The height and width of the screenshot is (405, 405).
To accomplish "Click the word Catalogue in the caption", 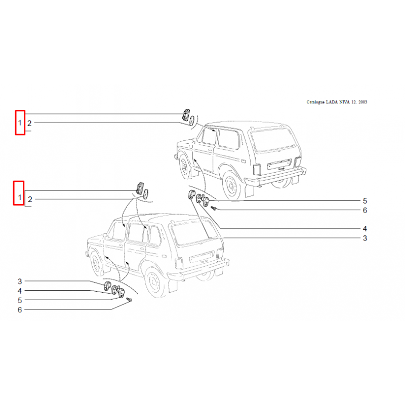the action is pos(315,102).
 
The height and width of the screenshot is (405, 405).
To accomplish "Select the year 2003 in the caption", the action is pos(362,102).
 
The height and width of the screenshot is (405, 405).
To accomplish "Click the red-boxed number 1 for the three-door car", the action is pos(20,123).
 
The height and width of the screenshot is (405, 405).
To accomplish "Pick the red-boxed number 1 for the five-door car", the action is pos(20,197).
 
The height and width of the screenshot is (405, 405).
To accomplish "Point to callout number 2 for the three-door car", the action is pos(29,124).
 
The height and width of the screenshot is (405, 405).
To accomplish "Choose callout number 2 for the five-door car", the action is pos(30,199).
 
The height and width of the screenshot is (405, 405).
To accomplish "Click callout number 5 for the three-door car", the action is pos(364,200).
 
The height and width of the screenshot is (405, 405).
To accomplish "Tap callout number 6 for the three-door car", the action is pos(364,210).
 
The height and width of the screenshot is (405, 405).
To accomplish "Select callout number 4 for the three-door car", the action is pos(364,229).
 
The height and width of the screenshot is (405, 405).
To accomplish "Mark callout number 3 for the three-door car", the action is pos(364,238).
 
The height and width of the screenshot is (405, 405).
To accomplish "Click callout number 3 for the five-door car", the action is pos(20,281).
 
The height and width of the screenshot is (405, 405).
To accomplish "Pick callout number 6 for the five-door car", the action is pos(20,310).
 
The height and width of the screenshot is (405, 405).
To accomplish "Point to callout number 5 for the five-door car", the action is pos(20,300).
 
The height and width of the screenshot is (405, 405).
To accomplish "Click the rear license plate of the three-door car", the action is pos(279,164).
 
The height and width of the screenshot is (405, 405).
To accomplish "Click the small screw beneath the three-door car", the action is pos(214,208).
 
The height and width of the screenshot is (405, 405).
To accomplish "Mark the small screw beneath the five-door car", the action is pos(130,300).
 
